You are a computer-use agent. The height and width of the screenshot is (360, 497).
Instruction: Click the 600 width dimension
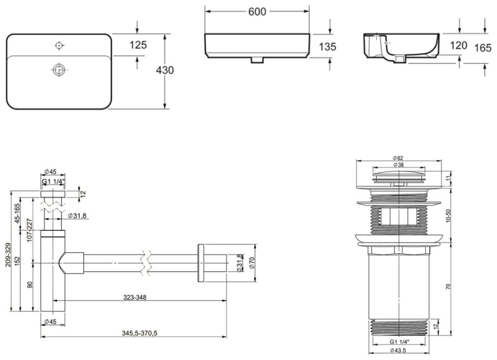click(257, 12)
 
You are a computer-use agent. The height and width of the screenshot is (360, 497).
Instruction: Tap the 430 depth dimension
click(165, 70)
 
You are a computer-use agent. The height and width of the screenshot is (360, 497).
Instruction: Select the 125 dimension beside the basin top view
click(138, 45)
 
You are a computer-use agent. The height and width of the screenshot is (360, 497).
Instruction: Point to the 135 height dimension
click(327, 47)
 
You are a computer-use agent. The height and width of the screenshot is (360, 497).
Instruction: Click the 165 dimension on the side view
click(483, 48)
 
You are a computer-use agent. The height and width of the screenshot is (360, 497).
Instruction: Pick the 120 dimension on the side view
click(459, 46)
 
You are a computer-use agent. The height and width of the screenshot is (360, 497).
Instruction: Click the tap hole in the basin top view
click(59, 46)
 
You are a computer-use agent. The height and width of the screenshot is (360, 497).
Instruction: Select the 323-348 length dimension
click(135, 297)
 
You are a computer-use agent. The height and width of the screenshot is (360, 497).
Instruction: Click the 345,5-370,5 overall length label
click(140, 333)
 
